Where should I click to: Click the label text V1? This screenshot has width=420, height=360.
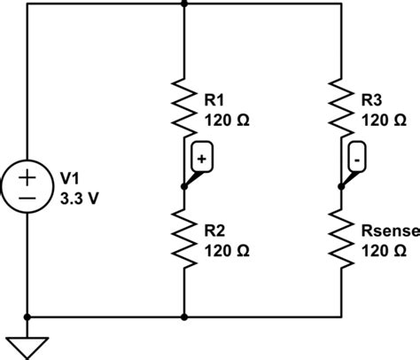(69, 178)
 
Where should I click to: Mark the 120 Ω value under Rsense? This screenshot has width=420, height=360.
(384, 251)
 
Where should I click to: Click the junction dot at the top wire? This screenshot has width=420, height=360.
(183, 4)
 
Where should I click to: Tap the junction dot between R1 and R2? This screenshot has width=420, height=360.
(183, 186)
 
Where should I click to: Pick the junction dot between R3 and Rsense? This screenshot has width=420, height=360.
(341, 186)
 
